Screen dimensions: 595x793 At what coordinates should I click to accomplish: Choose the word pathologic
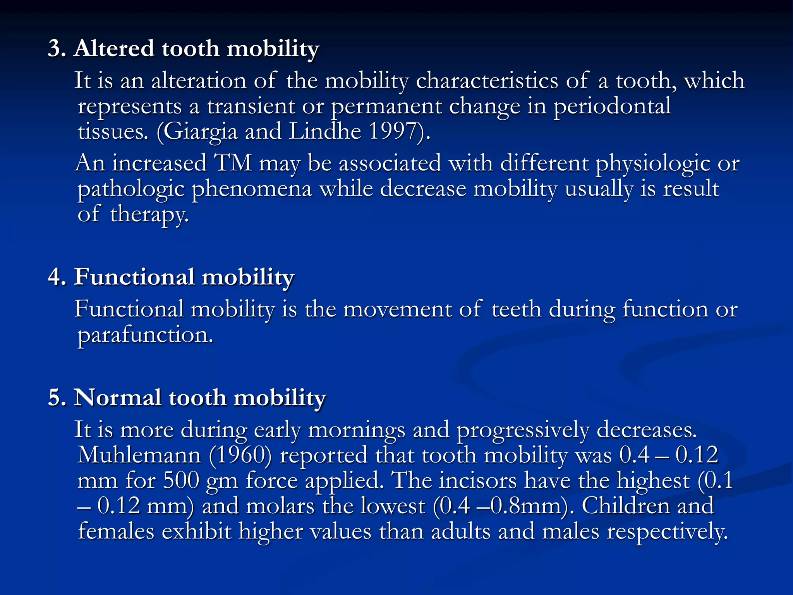point(130,189)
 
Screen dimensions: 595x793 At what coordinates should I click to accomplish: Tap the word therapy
point(149,214)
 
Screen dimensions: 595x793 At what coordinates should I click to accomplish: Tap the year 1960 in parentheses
point(240,455)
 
